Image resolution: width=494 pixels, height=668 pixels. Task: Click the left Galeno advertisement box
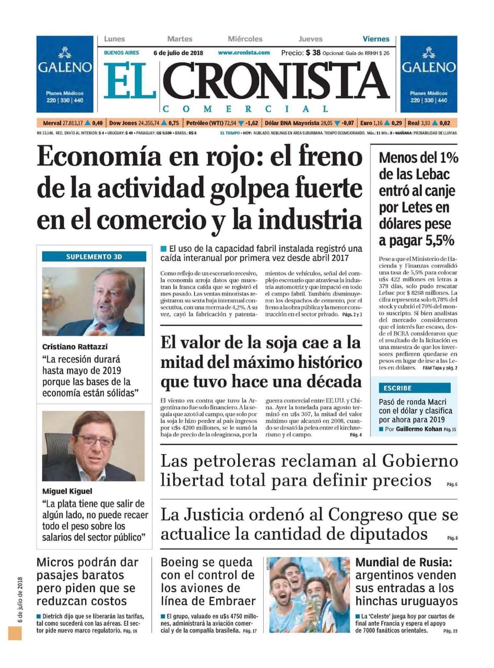click(x=65, y=74)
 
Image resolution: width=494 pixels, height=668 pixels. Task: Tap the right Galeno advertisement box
click(x=429, y=74)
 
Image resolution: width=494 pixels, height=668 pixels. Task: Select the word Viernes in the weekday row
click(x=376, y=39)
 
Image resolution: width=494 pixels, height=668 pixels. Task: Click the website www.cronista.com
click(x=244, y=53)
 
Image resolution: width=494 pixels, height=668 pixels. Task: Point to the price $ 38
click(x=313, y=52)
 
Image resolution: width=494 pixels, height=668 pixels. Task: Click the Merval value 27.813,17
click(x=73, y=123)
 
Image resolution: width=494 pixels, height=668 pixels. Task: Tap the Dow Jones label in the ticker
click(x=123, y=123)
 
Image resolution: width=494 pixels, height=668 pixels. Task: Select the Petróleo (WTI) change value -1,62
click(x=252, y=123)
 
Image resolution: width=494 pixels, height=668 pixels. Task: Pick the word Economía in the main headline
click(x=89, y=157)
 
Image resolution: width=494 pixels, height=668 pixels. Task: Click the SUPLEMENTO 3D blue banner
click(x=94, y=256)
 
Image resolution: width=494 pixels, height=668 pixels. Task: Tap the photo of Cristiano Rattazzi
click(x=94, y=301)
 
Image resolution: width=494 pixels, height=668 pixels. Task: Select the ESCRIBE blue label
click(x=397, y=388)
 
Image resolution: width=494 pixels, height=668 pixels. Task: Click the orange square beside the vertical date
click(x=15, y=633)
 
